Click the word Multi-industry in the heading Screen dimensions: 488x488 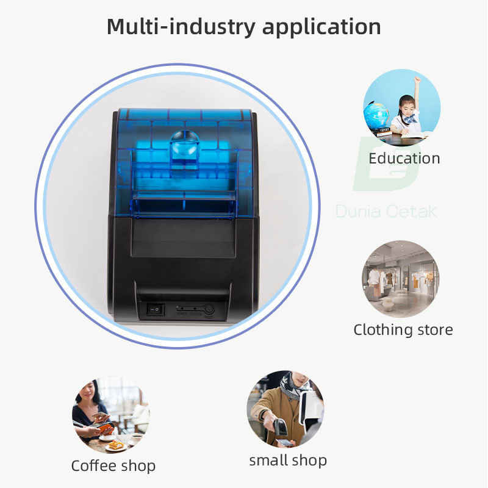pyautogui.click(x=174, y=27)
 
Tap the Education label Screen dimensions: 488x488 pyautogui.click(x=404, y=159)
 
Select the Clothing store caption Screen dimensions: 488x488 pyautogui.click(x=403, y=330)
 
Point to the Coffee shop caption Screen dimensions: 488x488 pyautogui.click(x=113, y=466)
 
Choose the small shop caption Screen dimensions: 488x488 pyautogui.click(x=288, y=461)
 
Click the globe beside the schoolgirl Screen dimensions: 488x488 pyautogui.click(x=376, y=115)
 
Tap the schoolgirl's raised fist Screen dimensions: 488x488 pyautogui.click(x=418, y=79)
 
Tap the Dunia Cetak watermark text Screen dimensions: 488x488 pyautogui.click(x=386, y=212)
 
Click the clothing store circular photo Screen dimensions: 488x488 pyautogui.click(x=400, y=279)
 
